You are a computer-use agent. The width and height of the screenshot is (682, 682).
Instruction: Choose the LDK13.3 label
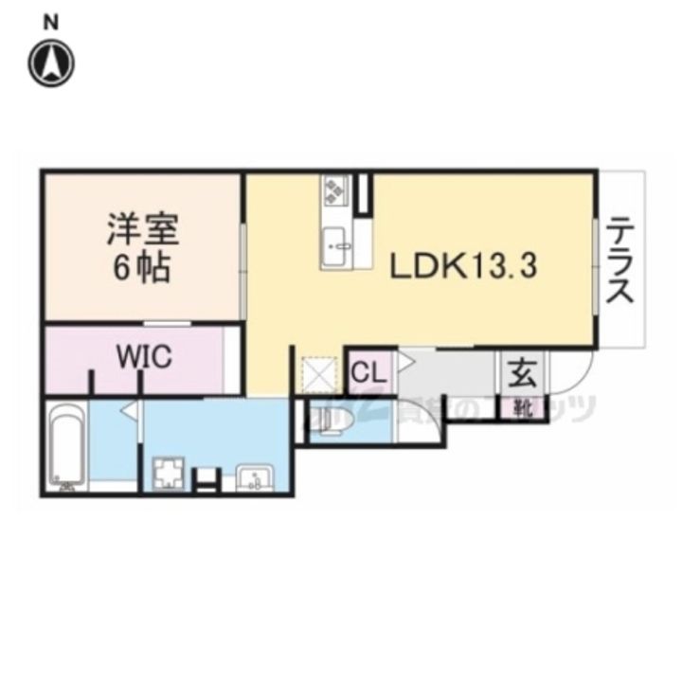pyautogui.click(x=465, y=266)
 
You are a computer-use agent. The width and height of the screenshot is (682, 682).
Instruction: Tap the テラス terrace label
pyautogui.click(x=621, y=260)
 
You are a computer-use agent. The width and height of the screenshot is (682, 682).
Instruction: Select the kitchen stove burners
pyautogui.click(x=336, y=190)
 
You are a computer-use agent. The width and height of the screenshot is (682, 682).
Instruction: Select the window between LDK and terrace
pyautogui.click(x=595, y=265)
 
